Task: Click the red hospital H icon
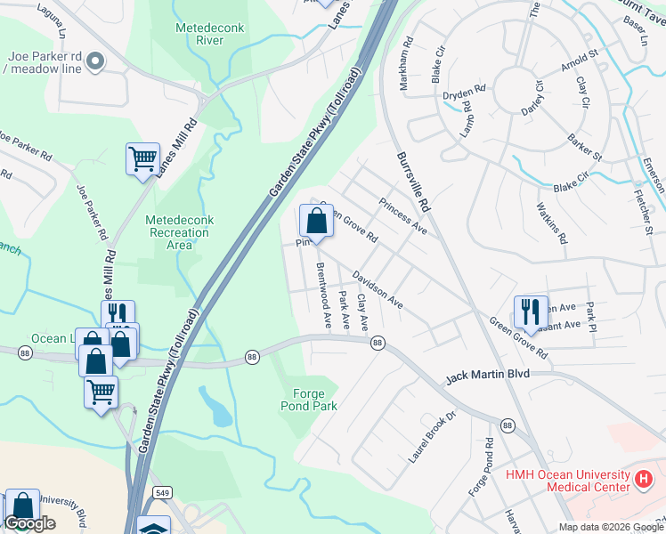(x=643, y=480)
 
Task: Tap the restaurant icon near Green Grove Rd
(x=531, y=311)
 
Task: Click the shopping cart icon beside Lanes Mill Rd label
(x=142, y=160)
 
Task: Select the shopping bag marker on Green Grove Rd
(x=316, y=220)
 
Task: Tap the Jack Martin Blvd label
(x=487, y=376)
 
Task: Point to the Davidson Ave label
(x=377, y=290)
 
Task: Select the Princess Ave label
(x=403, y=216)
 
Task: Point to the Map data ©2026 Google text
(x=610, y=527)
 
